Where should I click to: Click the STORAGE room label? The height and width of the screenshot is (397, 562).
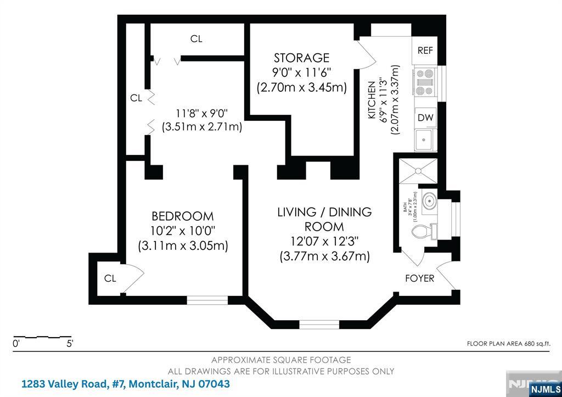301,58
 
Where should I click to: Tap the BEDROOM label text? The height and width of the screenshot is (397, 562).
183,216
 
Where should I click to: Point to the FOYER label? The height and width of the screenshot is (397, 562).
419,278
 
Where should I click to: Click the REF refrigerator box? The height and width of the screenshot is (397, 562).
425,51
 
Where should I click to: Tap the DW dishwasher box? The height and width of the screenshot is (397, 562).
424,117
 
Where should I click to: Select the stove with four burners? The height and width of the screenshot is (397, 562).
424,82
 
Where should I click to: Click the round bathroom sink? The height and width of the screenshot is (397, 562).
428,201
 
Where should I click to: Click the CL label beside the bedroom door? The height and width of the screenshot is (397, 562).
110,278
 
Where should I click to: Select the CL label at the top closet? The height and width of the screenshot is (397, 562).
196,39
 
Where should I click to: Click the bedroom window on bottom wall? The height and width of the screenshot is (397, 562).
207,300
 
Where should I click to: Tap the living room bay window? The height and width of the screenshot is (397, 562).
319,323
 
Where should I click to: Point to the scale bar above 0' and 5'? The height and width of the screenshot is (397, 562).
43,336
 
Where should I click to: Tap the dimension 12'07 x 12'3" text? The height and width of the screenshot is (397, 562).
324,241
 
